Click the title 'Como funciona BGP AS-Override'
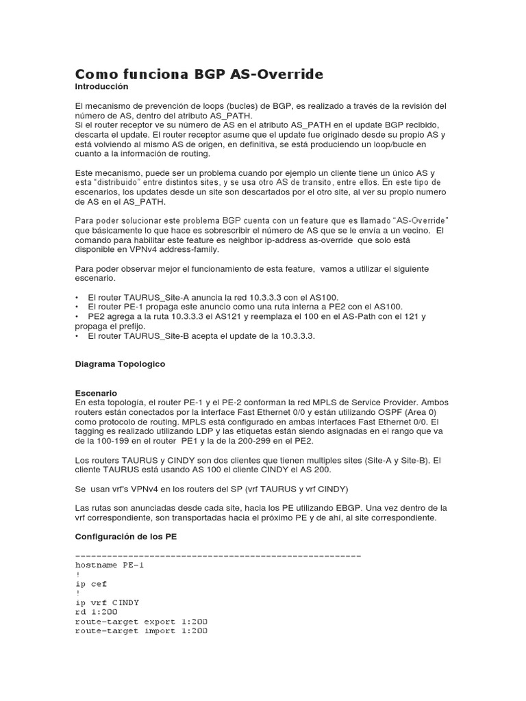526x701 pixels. (x=199, y=74)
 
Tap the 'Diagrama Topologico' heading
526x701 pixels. (x=120, y=364)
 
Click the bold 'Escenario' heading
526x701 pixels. (x=96, y=393)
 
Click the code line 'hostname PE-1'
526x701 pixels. (x=110, y=565)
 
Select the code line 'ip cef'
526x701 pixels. (x=91, y=584)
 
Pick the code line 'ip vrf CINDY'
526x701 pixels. (x=107, y=602)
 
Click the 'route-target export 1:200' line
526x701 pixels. (x=141, y=622)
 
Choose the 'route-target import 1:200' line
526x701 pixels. (x=141, y=631)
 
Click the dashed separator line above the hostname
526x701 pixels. (x=218, y=555)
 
